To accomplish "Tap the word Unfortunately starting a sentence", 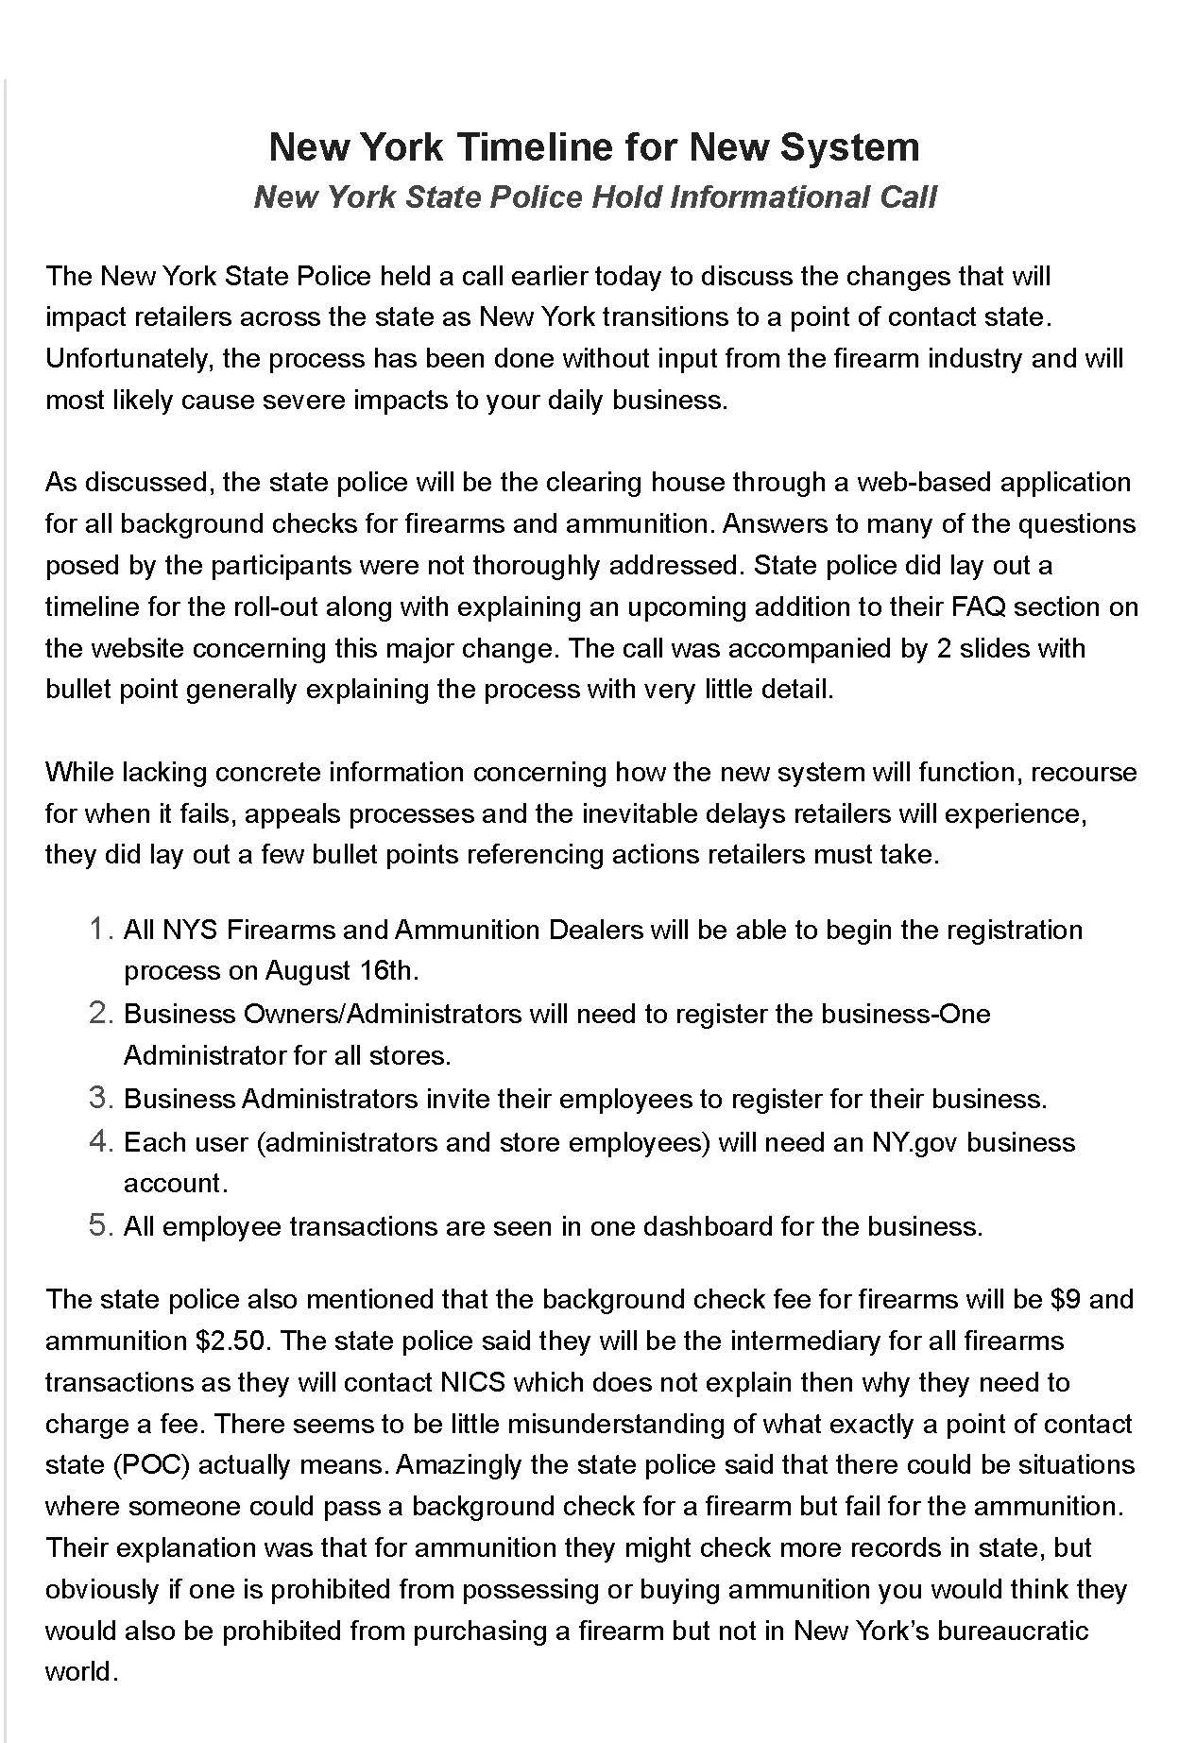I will pyautogui.click(x=133, y=359).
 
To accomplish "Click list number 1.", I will pyautogui.click(x=101, y=930).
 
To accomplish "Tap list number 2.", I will pyautogui.click(x=101, y=1014).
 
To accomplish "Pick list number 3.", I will pyautogui.click(x=101, y=1099).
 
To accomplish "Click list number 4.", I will pyautogui.click(x=101, y=1142).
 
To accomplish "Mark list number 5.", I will pyautogui.click(x=101, y=1226).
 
